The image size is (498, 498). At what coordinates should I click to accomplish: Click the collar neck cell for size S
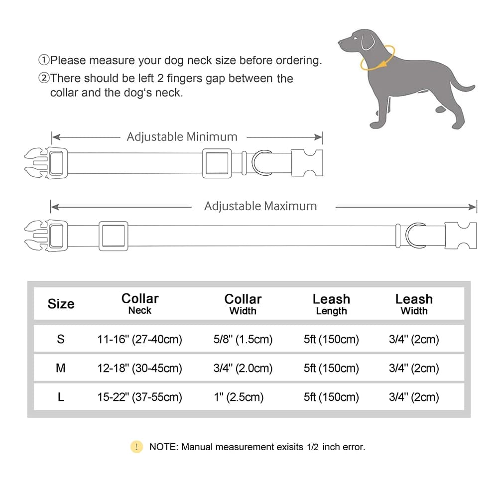coord(139,340)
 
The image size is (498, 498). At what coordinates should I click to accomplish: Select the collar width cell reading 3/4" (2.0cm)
coord(243,369)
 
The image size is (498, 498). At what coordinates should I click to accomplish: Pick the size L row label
coord(61,397)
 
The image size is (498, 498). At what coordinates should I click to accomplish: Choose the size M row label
coord(61,369)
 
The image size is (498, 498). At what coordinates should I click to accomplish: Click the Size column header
coord(61,304)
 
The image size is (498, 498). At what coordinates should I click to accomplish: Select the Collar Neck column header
coord(140,304)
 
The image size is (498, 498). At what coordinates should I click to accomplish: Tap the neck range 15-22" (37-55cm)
coord(139,397)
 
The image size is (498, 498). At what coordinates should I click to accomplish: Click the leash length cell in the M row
coord(331,369)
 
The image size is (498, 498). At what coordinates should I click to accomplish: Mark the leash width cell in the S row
coord(414,340)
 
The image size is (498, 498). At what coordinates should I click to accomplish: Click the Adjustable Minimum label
coord(182,136)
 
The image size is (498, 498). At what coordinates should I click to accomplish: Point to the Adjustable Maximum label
coord(260,206)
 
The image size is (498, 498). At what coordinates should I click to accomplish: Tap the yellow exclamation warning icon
coord(136,447)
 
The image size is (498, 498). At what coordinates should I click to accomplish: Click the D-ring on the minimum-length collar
coord(261,163)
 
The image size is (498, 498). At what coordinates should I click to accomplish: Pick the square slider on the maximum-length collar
coord(113,236)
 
